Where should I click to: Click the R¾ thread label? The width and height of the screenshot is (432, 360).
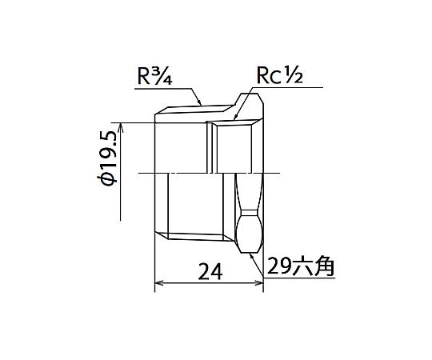(x=155, y=75)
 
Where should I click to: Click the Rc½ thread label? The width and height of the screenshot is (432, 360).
(x=280, y=75)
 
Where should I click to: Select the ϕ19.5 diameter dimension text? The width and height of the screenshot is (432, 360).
(x=107, y=158)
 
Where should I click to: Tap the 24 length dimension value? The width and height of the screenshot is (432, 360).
(x=210, y=270)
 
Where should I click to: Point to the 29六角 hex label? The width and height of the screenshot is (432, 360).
(x=301, y=266)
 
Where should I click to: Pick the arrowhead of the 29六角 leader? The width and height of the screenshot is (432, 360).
(x=251, y=256)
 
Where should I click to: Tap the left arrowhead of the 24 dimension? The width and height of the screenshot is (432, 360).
(x=158, y=282)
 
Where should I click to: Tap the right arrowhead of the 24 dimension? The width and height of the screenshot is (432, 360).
(x=260, y=282)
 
